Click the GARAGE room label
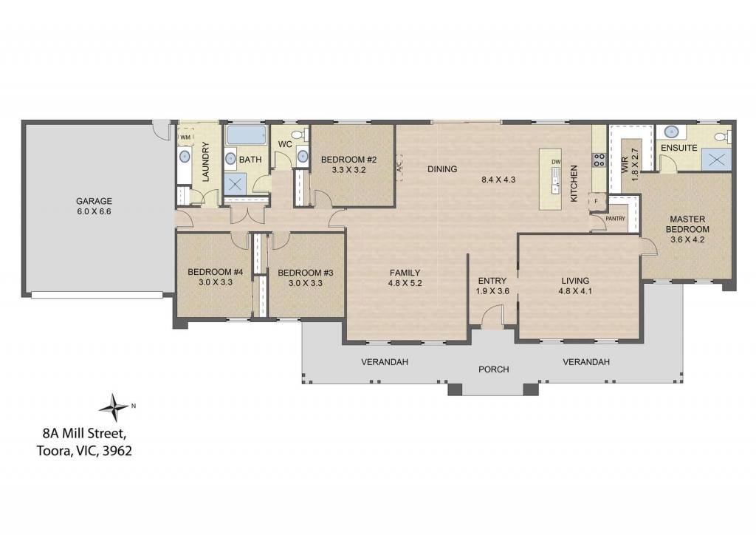pos(94,201)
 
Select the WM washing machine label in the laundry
pos(185,137)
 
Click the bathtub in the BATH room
pos(247,135)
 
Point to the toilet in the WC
pos(302,134)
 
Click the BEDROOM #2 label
pos(348,160)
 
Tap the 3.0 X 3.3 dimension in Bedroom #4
pos(216,283)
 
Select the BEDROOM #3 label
pos(306,273)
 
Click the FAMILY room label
pos(405,273)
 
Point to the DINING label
pos(442,168)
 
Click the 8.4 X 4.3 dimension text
pos(498,180)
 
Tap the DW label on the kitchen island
pos(556,162)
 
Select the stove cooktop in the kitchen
pos(599,160)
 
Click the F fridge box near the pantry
pos(596,201)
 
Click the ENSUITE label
pos(679,148)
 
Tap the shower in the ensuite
pos(716,159)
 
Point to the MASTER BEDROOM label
pos(687,224)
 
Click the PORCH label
pos(494,369)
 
